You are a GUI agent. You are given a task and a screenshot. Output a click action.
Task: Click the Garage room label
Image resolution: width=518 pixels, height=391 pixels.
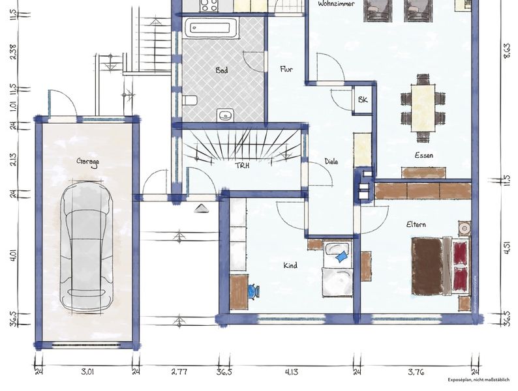click(87, 162)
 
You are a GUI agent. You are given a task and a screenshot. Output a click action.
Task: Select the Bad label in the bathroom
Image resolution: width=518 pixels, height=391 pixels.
click(222, 70)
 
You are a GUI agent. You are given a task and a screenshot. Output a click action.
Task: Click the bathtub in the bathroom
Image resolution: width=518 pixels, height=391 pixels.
click(211, 27)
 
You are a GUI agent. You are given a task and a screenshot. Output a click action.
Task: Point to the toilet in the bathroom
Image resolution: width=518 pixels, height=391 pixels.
click(190, 100)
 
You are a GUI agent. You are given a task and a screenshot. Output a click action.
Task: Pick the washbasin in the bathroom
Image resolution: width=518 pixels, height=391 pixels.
click(226, 115)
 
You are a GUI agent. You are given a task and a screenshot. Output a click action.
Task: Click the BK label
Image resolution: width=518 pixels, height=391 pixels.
click(363, 99)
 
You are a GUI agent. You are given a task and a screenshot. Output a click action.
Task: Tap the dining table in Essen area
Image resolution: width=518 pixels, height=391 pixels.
click(423, 108)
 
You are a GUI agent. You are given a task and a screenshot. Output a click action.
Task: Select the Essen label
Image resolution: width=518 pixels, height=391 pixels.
click(424, 155)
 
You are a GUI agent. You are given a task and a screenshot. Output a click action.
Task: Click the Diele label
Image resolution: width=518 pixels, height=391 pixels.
click(331, 162)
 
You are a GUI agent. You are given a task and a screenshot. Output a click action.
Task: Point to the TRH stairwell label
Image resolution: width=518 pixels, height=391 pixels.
click(243, 166)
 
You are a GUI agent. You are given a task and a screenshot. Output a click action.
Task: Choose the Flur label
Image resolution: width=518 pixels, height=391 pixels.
click(286, 69)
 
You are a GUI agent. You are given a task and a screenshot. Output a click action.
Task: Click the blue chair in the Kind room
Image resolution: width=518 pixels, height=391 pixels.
click(253, 291)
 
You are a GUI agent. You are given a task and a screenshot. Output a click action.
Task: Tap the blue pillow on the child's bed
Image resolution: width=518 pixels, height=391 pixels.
click(342, 256)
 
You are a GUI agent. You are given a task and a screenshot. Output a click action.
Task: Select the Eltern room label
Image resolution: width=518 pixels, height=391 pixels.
click(416, 225)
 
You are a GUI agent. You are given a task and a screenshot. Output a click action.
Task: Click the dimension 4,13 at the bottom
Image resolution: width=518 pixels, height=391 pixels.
click(291, 372)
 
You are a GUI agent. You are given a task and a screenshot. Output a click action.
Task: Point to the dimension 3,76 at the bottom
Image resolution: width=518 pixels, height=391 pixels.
click(416, 372)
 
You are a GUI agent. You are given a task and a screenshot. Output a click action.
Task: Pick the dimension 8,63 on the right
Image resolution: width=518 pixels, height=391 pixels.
click(506, 51)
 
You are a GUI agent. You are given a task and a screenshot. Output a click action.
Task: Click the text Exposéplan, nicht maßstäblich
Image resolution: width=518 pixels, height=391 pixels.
click(478, 380)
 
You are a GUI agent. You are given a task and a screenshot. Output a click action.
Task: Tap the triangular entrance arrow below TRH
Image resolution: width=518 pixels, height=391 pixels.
click(200, 209)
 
